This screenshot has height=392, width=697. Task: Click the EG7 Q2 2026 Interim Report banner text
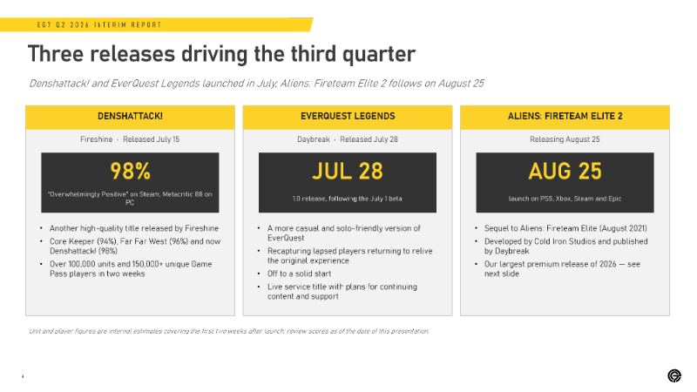coord(99,25)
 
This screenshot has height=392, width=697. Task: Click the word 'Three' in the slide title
coord(56,54)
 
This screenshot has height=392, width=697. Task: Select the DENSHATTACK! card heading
coord(130,116)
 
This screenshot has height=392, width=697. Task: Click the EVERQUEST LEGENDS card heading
coord(348,116)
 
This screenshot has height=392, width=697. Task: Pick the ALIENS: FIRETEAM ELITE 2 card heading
coord(565,116)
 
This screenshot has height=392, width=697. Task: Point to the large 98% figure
coord(130,171)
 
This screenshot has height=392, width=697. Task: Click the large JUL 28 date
coord(348,171)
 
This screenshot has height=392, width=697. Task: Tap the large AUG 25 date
coord(565,171)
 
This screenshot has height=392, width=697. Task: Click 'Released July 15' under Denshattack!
coord(151,139)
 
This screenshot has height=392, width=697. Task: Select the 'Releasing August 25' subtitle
coord(565,139)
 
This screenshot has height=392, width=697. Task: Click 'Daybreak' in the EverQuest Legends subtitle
coord(314,139)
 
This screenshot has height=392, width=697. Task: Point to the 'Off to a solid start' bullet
coord(299,274)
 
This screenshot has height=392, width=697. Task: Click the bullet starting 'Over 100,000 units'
coord(131,269)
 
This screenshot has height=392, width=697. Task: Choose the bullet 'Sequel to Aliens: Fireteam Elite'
coord(565,228)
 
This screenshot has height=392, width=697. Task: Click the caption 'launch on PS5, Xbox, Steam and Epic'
coord(565,199)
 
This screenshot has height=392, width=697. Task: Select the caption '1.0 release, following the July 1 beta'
coord(347,199)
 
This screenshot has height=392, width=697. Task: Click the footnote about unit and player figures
coord(229,331)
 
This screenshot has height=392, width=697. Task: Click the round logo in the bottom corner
coord(674,375)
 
